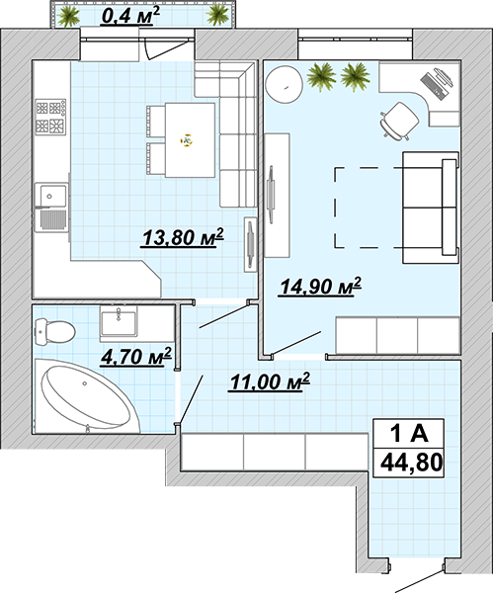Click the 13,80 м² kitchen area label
coord(182,237)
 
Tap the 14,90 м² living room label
coord(320,287)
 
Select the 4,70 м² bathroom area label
coord(136,357)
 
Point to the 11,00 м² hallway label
coord(269,381)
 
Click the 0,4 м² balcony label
coord(130,16)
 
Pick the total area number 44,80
coord(411,463)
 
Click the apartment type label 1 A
coord(409,434)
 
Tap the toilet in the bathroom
coord(54,331)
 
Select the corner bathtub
coord(87,395)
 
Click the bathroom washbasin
coord(119,321)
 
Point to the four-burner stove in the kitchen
coord(50,117)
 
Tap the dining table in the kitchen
coord(190,140)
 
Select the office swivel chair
coord(398,121)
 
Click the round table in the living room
coord(284,85)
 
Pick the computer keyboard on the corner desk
coord(432,85)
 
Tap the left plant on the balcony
coord(68,17)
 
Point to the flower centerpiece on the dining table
coord(186,141)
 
